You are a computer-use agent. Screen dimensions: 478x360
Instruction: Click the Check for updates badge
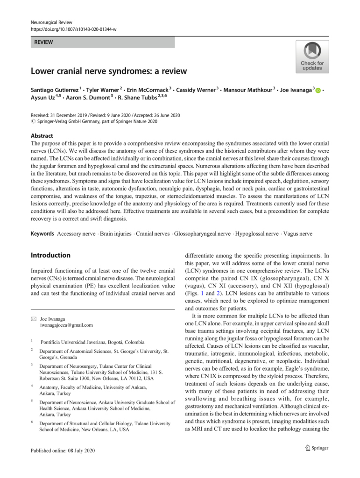tap(311, 56)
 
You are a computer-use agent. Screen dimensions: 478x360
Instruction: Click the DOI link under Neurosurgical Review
tap(73, 29)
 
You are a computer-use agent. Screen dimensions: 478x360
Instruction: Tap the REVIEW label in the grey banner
tap(43, 42)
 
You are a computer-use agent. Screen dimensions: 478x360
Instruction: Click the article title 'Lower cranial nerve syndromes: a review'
tap(109, 71)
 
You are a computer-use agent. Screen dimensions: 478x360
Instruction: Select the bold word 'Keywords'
tap(42, 233)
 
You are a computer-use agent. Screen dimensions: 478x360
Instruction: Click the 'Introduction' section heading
tap(50, 255)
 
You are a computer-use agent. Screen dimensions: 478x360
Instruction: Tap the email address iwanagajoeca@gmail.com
tap(66, 325)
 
